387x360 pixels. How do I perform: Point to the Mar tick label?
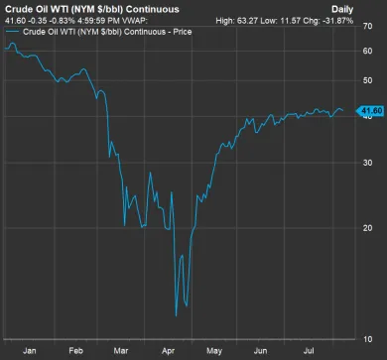pos(121,350)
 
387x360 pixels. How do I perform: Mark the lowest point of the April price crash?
pos(176,316)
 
